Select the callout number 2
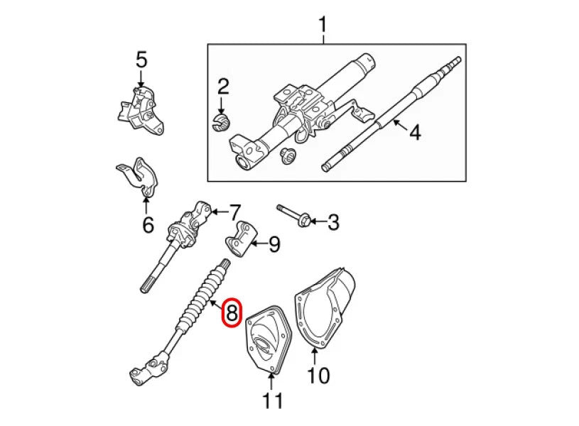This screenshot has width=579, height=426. tap(223, 87)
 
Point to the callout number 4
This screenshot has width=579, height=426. tap(414, 132)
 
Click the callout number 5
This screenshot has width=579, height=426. tap(141, 60)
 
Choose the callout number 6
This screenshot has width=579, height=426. tap(147, 225)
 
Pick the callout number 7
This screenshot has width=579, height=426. tap(235, 212)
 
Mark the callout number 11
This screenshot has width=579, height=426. tap(273, 400)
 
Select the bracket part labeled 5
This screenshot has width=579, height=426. tap(140, 110)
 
